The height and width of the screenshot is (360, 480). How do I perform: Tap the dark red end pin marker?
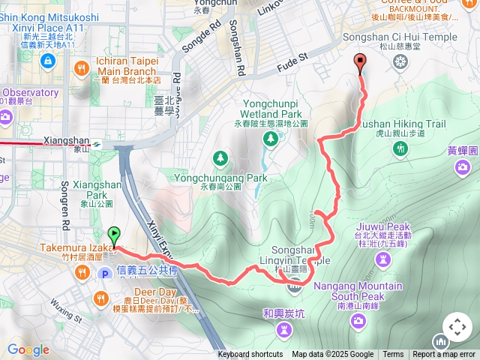[x=361, y=64]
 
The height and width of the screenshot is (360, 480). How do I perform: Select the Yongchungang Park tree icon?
[x=220, y=158]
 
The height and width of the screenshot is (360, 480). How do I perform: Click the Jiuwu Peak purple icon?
[x=383, y=259]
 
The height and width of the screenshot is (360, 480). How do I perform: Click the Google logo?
[x=28, y=349]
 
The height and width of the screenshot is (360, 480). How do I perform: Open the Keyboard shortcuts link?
[x=250, y=355]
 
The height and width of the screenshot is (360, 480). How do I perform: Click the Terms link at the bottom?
[x=393, y=355]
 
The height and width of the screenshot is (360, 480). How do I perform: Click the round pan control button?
[x=457, y=328]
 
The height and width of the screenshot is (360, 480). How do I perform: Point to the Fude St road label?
[x=294, y=58]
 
